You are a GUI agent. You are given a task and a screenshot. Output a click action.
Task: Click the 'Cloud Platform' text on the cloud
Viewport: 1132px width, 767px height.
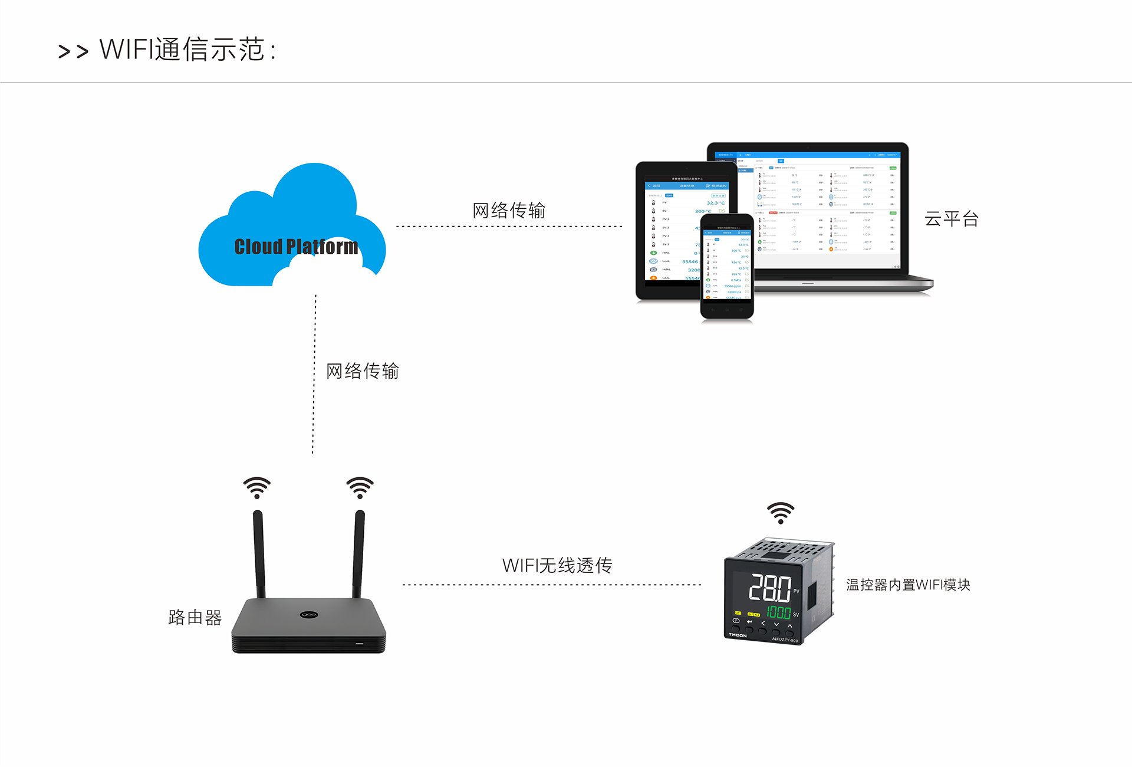296,247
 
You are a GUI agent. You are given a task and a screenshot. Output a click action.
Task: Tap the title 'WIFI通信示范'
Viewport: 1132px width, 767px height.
187,50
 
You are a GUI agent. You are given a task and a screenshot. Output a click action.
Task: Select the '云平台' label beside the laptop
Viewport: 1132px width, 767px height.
951,219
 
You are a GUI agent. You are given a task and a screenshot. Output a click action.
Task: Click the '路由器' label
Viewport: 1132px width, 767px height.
195,617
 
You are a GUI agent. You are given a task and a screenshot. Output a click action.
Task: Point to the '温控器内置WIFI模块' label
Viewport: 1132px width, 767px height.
908,585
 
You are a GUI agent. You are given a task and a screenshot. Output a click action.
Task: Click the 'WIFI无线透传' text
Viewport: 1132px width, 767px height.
557,565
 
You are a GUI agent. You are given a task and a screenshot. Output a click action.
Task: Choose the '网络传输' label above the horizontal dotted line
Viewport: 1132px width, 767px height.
509,210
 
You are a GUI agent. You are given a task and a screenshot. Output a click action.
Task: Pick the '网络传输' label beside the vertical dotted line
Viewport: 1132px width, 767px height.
363,371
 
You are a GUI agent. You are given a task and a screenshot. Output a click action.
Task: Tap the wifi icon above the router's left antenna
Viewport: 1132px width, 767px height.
257,488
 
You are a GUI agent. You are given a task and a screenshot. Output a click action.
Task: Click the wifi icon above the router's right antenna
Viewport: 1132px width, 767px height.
360,488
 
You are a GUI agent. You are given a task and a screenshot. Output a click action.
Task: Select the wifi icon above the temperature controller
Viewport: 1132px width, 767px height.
781,513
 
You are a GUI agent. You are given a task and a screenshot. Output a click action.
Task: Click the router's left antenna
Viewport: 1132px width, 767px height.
259,555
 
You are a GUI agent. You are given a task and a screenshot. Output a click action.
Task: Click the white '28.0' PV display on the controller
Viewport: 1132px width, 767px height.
769,588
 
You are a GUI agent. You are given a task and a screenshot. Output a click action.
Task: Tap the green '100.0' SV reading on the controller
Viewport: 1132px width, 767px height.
778,612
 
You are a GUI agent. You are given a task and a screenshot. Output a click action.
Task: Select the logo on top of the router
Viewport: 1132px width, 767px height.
309,615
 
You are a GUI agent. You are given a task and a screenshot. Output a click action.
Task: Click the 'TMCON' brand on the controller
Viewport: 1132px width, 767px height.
738,635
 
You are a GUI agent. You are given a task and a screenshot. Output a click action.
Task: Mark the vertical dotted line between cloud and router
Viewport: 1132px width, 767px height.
314,375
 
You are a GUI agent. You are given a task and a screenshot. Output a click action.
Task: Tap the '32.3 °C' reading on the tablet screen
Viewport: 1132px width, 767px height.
715,203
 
